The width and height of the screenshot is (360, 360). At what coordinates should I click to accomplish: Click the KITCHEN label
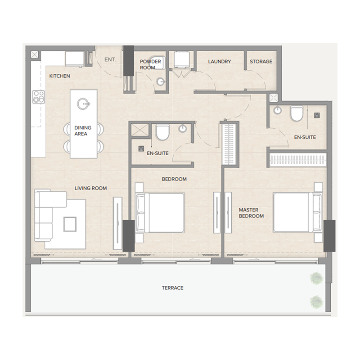click(59, 76)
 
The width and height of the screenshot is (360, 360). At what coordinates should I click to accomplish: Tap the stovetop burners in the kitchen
click(39, 96)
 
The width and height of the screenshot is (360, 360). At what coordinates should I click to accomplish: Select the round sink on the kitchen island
click(84, 104)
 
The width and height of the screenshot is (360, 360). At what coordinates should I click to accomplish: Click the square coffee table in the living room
click(70, 224)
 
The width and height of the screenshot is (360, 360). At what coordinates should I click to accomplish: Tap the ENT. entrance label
click(110, 59)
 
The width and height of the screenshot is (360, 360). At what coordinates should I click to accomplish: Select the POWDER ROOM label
click(150, 64)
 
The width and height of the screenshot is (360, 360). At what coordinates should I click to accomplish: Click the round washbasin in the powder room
click(161, 81)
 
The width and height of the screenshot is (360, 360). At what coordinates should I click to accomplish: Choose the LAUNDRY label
click(219, 62)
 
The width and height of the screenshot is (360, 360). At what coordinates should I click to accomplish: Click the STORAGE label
click(261, 62)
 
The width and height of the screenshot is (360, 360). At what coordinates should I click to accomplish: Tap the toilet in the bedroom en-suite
click(162, 132)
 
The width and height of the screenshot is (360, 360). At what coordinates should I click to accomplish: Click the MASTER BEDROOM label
click(251, 213)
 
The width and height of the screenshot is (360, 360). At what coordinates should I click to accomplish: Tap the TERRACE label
click(173, 288)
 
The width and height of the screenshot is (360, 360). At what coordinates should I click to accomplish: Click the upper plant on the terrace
click(316, 279)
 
